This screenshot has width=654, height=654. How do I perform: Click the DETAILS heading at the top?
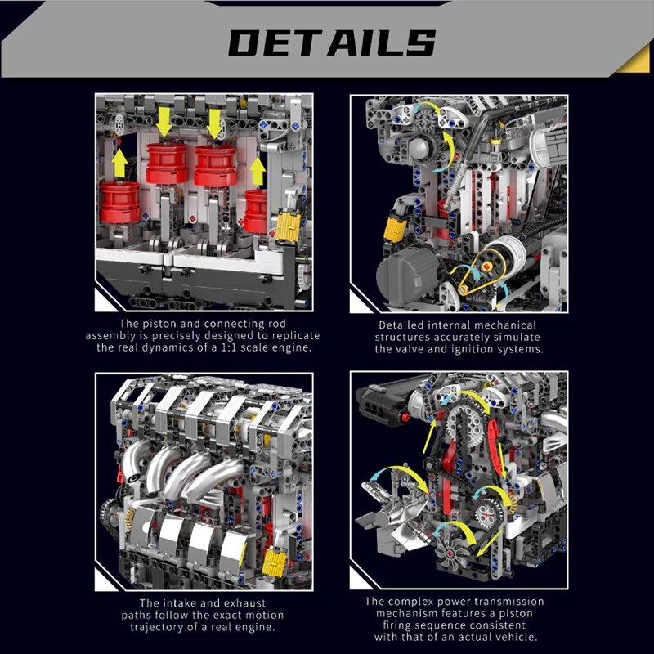coord(331,42)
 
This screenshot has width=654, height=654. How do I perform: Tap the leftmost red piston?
coord(119,202)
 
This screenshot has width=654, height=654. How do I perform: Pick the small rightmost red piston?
coord(257,212)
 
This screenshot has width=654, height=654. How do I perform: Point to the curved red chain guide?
coord(494,454)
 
